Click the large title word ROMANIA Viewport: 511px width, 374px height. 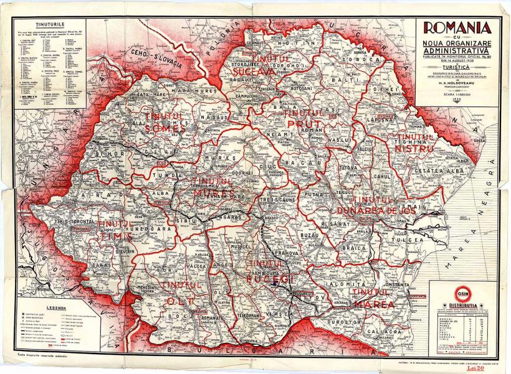[x=457, y=27]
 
